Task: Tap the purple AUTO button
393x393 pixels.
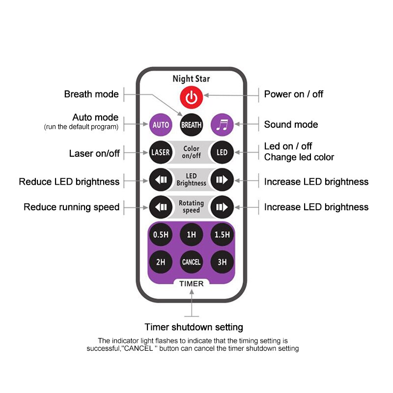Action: tap(161, 125)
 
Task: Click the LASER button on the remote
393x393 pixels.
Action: tap(161, 152)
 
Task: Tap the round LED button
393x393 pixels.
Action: tap(222, 152)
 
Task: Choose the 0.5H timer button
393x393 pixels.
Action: tap(161, 235)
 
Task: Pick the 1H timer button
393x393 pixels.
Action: tap(191, 235)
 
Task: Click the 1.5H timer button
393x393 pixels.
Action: tap(222, 235)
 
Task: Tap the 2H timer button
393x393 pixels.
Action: tap(161, 262)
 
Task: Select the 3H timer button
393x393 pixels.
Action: tap(222, 262)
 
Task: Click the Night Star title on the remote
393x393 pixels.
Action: tap(191, 79)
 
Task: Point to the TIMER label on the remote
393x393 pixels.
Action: tap(191, 283)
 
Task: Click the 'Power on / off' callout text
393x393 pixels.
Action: tap(294, 94)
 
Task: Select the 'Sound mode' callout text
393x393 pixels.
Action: tap(291, 125)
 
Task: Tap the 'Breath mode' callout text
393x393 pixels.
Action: tap(91, 94)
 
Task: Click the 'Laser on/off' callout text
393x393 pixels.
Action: tap(94, 154)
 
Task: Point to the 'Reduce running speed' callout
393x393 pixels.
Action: tap(71, 207)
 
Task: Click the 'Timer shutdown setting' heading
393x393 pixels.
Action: tap(194, 327)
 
